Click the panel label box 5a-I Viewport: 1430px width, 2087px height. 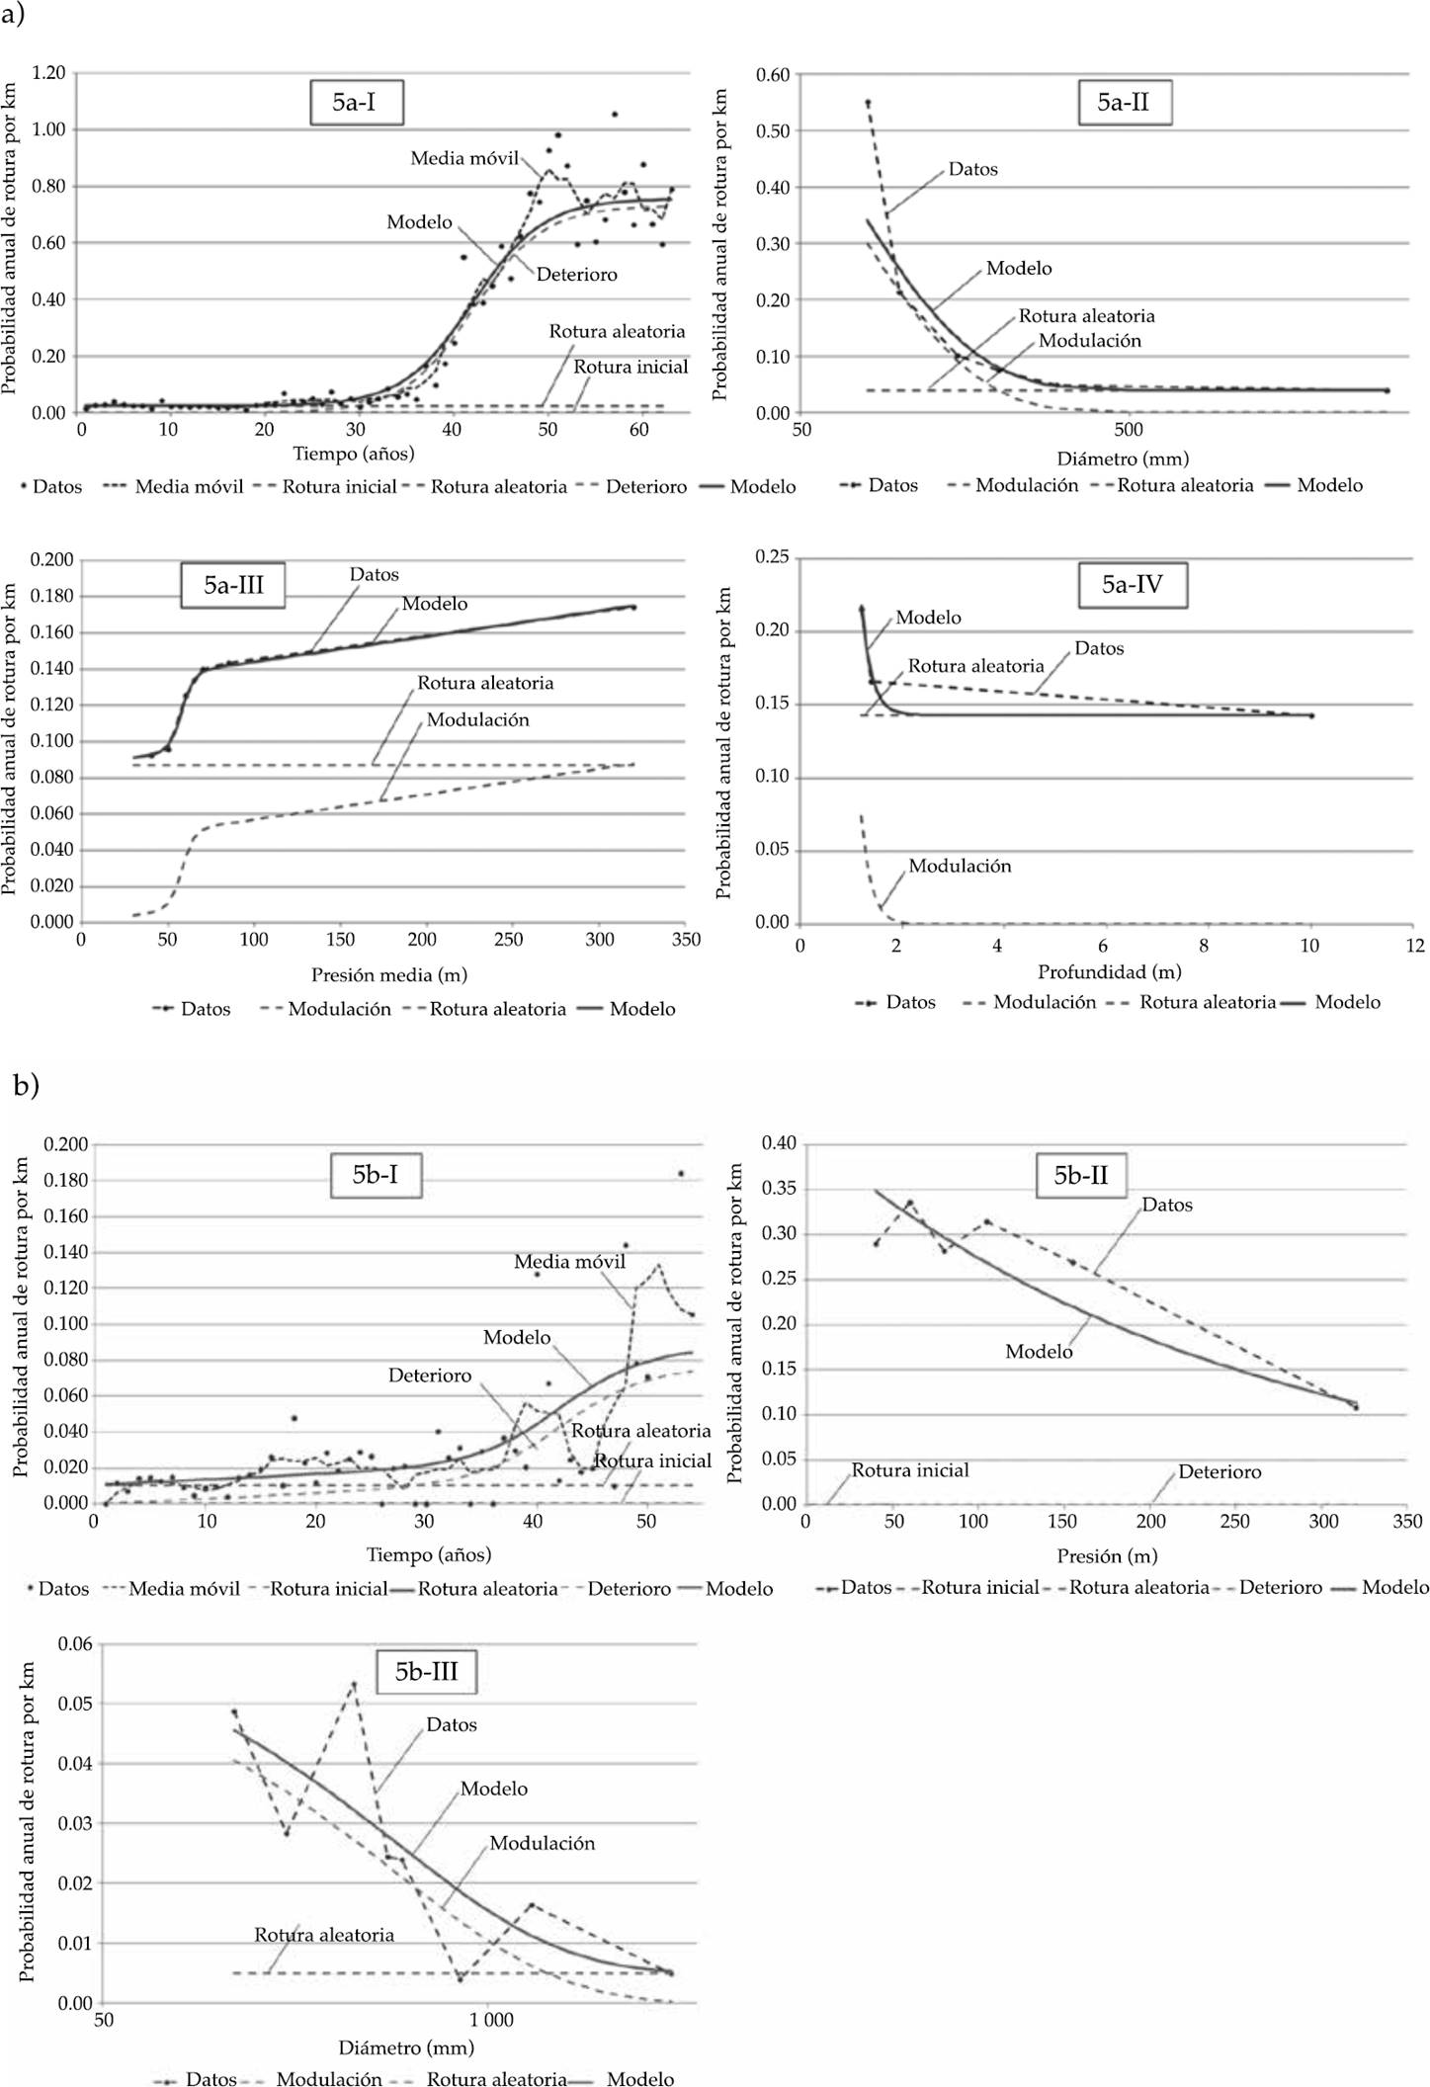356,102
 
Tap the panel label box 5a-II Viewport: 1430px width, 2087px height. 1124,102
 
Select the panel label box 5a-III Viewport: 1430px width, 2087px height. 234,585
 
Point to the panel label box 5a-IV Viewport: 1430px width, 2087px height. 1133,584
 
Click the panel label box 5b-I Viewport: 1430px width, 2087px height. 376,1175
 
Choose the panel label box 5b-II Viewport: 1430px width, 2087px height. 1080,1175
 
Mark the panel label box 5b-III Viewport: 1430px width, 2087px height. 427,1672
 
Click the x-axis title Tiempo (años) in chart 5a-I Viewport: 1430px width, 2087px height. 354,454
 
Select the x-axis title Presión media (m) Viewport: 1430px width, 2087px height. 389,974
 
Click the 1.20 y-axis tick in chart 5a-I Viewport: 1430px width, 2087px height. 48,73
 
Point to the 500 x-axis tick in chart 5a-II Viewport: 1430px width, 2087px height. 1129,430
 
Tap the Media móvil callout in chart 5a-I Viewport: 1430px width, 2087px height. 464,158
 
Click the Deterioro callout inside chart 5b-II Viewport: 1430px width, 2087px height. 1220,1471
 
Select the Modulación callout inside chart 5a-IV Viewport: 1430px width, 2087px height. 960,866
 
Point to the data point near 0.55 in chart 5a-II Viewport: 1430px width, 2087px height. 868,102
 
